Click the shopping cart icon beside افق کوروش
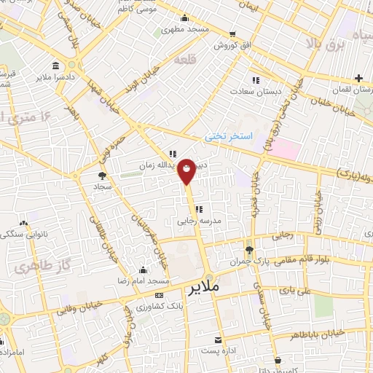232,34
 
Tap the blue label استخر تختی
227,136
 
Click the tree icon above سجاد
101,176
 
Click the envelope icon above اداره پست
217,339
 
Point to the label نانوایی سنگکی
23,235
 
